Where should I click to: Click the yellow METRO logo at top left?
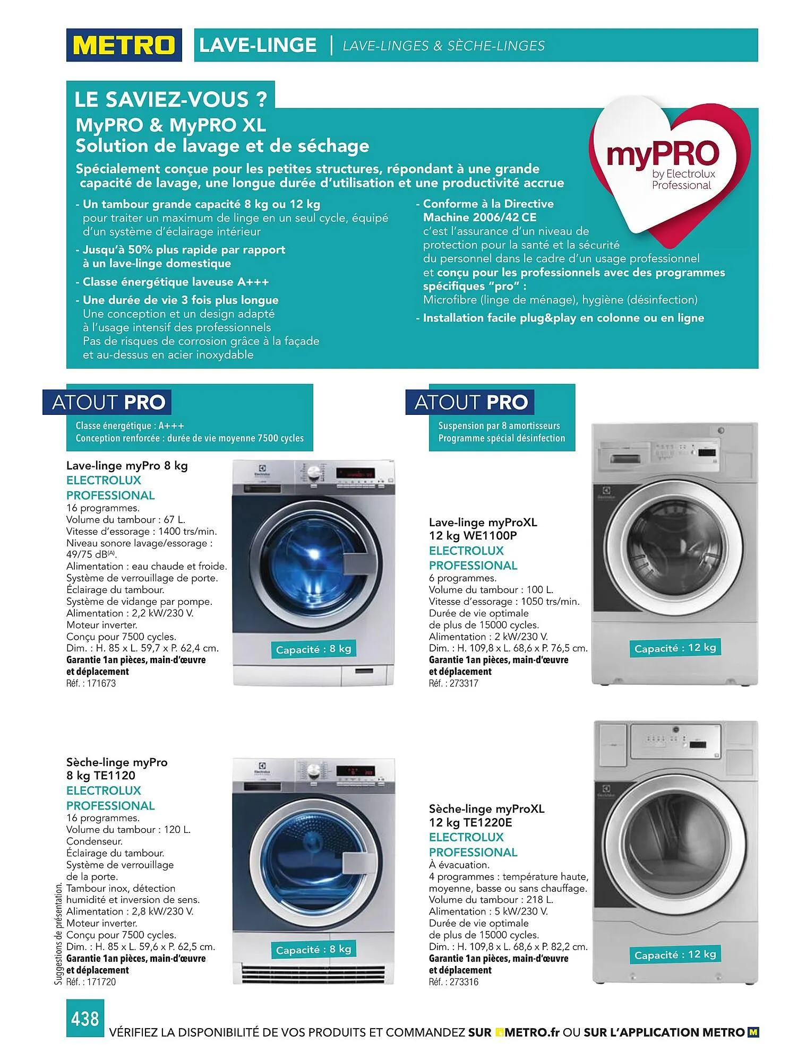point(124,45)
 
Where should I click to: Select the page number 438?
point(85,1018)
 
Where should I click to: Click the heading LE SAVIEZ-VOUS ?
point(170,99)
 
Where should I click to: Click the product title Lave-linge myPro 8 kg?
point(127,466)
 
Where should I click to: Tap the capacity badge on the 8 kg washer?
point(313,649)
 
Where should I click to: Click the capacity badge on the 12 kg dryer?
point(675,955)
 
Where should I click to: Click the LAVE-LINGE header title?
point(258,45)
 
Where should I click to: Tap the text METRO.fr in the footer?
point(532,1032)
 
